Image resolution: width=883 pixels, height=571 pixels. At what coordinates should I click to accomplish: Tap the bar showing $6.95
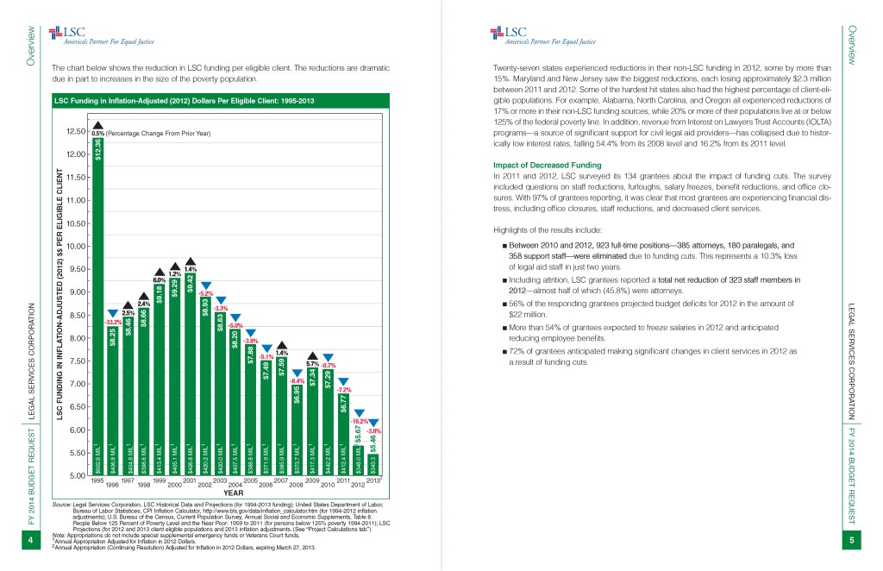297,431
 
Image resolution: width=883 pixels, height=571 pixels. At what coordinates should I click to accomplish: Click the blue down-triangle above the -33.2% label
113,313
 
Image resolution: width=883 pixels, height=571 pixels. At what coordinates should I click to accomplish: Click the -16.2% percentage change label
358,421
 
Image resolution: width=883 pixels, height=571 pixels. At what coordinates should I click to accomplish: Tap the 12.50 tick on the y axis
74,131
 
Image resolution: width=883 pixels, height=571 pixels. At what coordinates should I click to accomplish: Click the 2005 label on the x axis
251,480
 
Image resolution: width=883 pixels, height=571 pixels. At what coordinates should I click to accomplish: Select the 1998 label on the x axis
143,485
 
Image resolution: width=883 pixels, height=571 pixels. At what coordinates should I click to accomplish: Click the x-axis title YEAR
234,493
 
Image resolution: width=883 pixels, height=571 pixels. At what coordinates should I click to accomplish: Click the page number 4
29,541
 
